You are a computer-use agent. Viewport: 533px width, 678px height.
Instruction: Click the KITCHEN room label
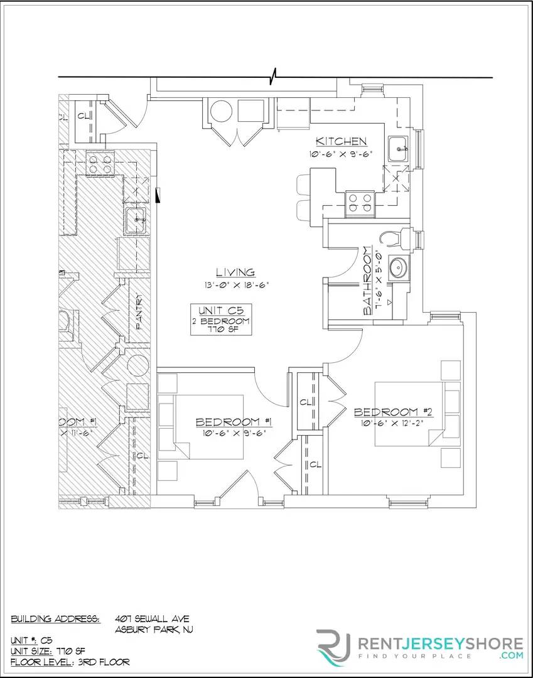[x=341, y=141]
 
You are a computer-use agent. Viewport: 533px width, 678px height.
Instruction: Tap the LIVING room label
[x=235, y=272]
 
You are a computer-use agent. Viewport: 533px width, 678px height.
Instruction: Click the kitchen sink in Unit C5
[x=398, y=149]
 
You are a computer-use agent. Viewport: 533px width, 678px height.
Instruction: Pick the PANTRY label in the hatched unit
[x=139, y=312]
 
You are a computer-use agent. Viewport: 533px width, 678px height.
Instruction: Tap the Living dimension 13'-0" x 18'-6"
[x=235, y=285]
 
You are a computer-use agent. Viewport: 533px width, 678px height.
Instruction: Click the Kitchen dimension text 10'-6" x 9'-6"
[x=341, y=154]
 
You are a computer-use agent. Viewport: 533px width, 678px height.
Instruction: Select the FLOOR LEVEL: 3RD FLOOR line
[x=70, y=662]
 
